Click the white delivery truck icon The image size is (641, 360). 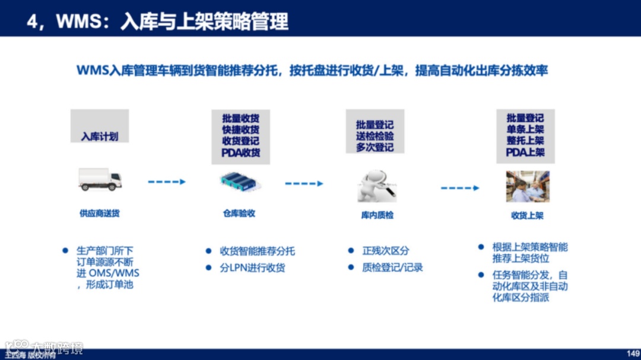pos(100,179)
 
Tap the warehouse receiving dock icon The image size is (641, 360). pos(240,182)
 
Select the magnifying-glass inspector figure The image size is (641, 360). pos(376,185)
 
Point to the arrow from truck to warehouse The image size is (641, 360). pos(166,182)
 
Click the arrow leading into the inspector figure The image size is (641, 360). pos(304,184)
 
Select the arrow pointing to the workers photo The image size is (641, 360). pos(459,188)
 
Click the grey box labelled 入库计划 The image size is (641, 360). pos(100,126)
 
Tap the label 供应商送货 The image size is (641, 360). pos(100,213)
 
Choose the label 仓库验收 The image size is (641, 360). pos(239,213)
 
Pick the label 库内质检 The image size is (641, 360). pos(377,215)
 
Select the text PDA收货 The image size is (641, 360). pos(241,152)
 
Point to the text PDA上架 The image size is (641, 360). pos(525,152)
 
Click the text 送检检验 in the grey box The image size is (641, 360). pos(375,136)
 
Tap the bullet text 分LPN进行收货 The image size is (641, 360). pos(252,267)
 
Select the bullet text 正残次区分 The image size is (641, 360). pos(386,251)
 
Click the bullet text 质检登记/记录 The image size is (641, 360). pos(392,267)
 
